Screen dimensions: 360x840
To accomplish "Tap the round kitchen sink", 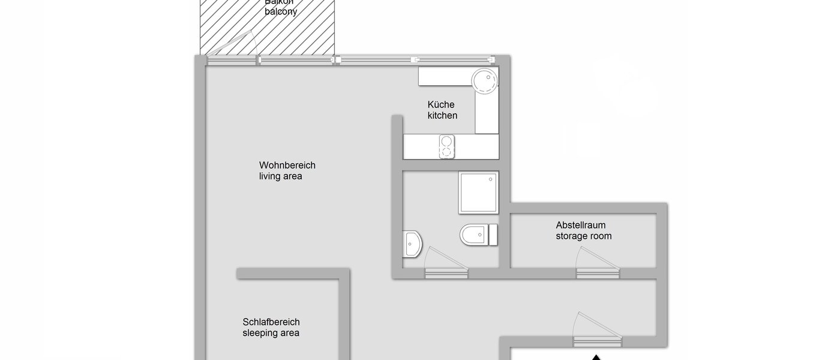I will tap(484, 80).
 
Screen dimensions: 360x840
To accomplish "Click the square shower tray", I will tap(478, 192).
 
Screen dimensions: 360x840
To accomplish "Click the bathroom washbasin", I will tap(413, 244).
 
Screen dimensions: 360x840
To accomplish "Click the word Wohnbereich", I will tap(287, 166).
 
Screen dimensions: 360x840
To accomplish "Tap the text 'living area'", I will tap(280, 176).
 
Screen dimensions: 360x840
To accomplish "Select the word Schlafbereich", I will tap(271, 322).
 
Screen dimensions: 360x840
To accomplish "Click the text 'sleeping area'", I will tap(271, 333).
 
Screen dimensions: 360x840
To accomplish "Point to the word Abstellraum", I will tap(580, 226).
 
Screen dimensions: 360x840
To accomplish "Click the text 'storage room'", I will tap(583, 236).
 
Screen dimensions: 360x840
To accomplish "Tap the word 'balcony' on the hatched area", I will tap(281, 11).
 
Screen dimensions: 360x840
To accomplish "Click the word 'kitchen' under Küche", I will tap(442, 115).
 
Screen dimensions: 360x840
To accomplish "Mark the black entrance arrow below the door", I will tap(595, 357).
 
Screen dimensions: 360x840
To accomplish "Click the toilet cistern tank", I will tap(493, 235).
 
